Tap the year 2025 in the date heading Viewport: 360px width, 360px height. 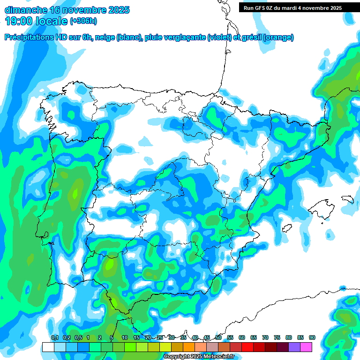[x=118, y=10]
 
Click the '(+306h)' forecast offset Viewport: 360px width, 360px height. [x=83, y=21]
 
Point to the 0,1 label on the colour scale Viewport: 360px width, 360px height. [x=54, y=338]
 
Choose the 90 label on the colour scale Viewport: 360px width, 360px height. [x=312, y=338]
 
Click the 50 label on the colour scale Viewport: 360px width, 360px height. [x=218, y=338]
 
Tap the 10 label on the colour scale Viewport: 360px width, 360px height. [x=125, y=338]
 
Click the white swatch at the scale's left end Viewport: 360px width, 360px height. [x=48, y=347]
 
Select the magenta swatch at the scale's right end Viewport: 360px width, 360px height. [x=306, y=347]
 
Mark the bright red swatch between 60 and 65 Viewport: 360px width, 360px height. [x=247, y=347]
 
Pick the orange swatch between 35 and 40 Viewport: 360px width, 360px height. [x=188, y=347]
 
